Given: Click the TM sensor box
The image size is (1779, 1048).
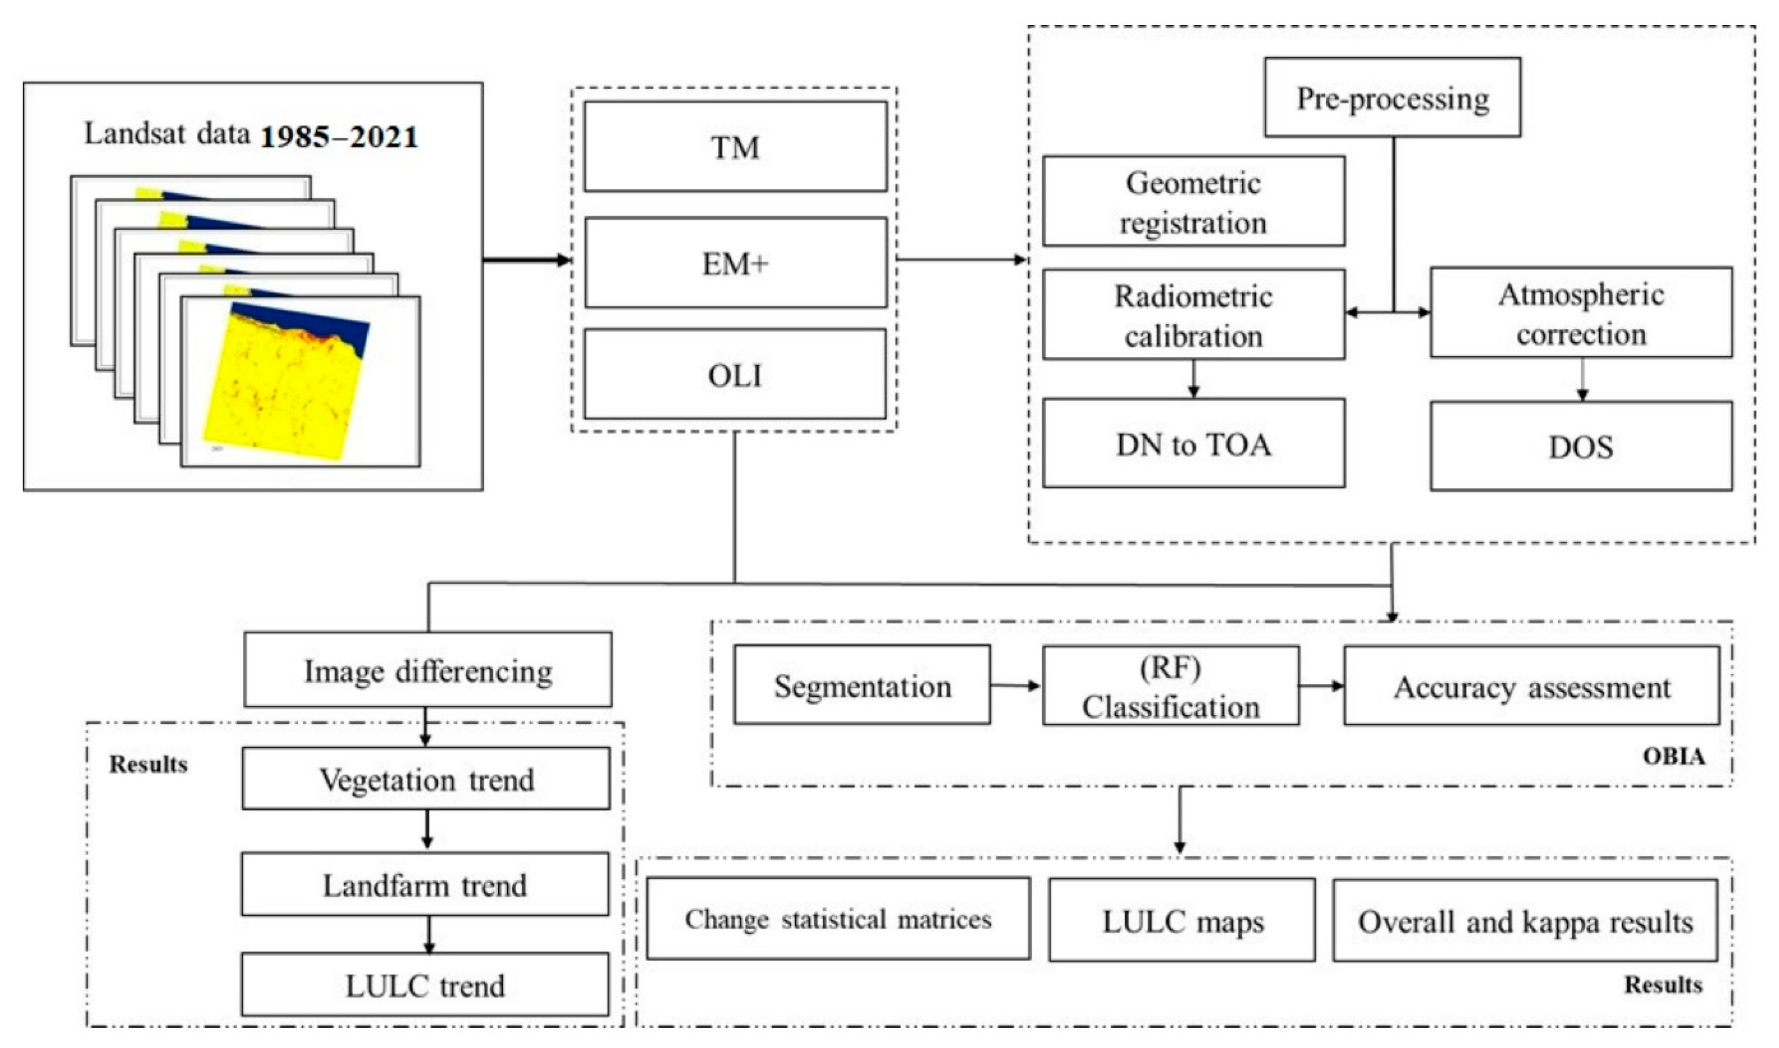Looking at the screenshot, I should point(735,147).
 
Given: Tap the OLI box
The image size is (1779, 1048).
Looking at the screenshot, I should point(735,374).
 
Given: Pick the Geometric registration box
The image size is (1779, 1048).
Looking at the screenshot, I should point(1193,202).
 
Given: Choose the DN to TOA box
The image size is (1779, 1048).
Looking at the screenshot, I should point(1193,444).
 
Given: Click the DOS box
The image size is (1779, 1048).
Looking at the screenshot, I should point(1581,446).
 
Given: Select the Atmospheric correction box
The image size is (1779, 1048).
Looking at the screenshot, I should point(1581,313).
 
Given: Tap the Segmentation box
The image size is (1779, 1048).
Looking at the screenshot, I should point(861,686).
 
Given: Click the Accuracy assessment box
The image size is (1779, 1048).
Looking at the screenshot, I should point(1531,687).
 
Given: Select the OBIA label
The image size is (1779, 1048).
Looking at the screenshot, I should point(1673,756).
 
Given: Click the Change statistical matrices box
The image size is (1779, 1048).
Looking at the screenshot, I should point(838,919).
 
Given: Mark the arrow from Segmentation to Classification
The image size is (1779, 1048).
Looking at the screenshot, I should point(1015,685).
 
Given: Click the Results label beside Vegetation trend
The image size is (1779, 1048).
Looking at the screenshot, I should point(148,764).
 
